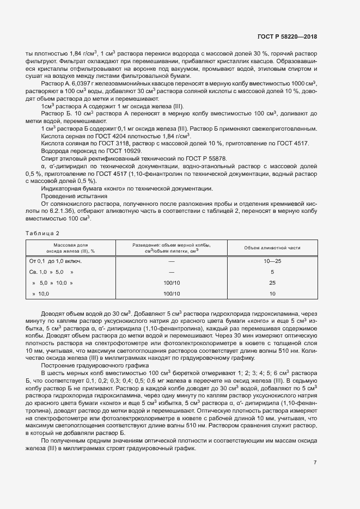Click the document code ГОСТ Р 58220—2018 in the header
tap(287, 37)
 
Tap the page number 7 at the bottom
tap(315, 463)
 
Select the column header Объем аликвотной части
tap(272, 248)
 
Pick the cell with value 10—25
tap(272, 261)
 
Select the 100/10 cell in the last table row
tap(172, 293)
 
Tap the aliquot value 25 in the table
tap(272, 283)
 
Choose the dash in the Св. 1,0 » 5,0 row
tap(172, 272)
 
